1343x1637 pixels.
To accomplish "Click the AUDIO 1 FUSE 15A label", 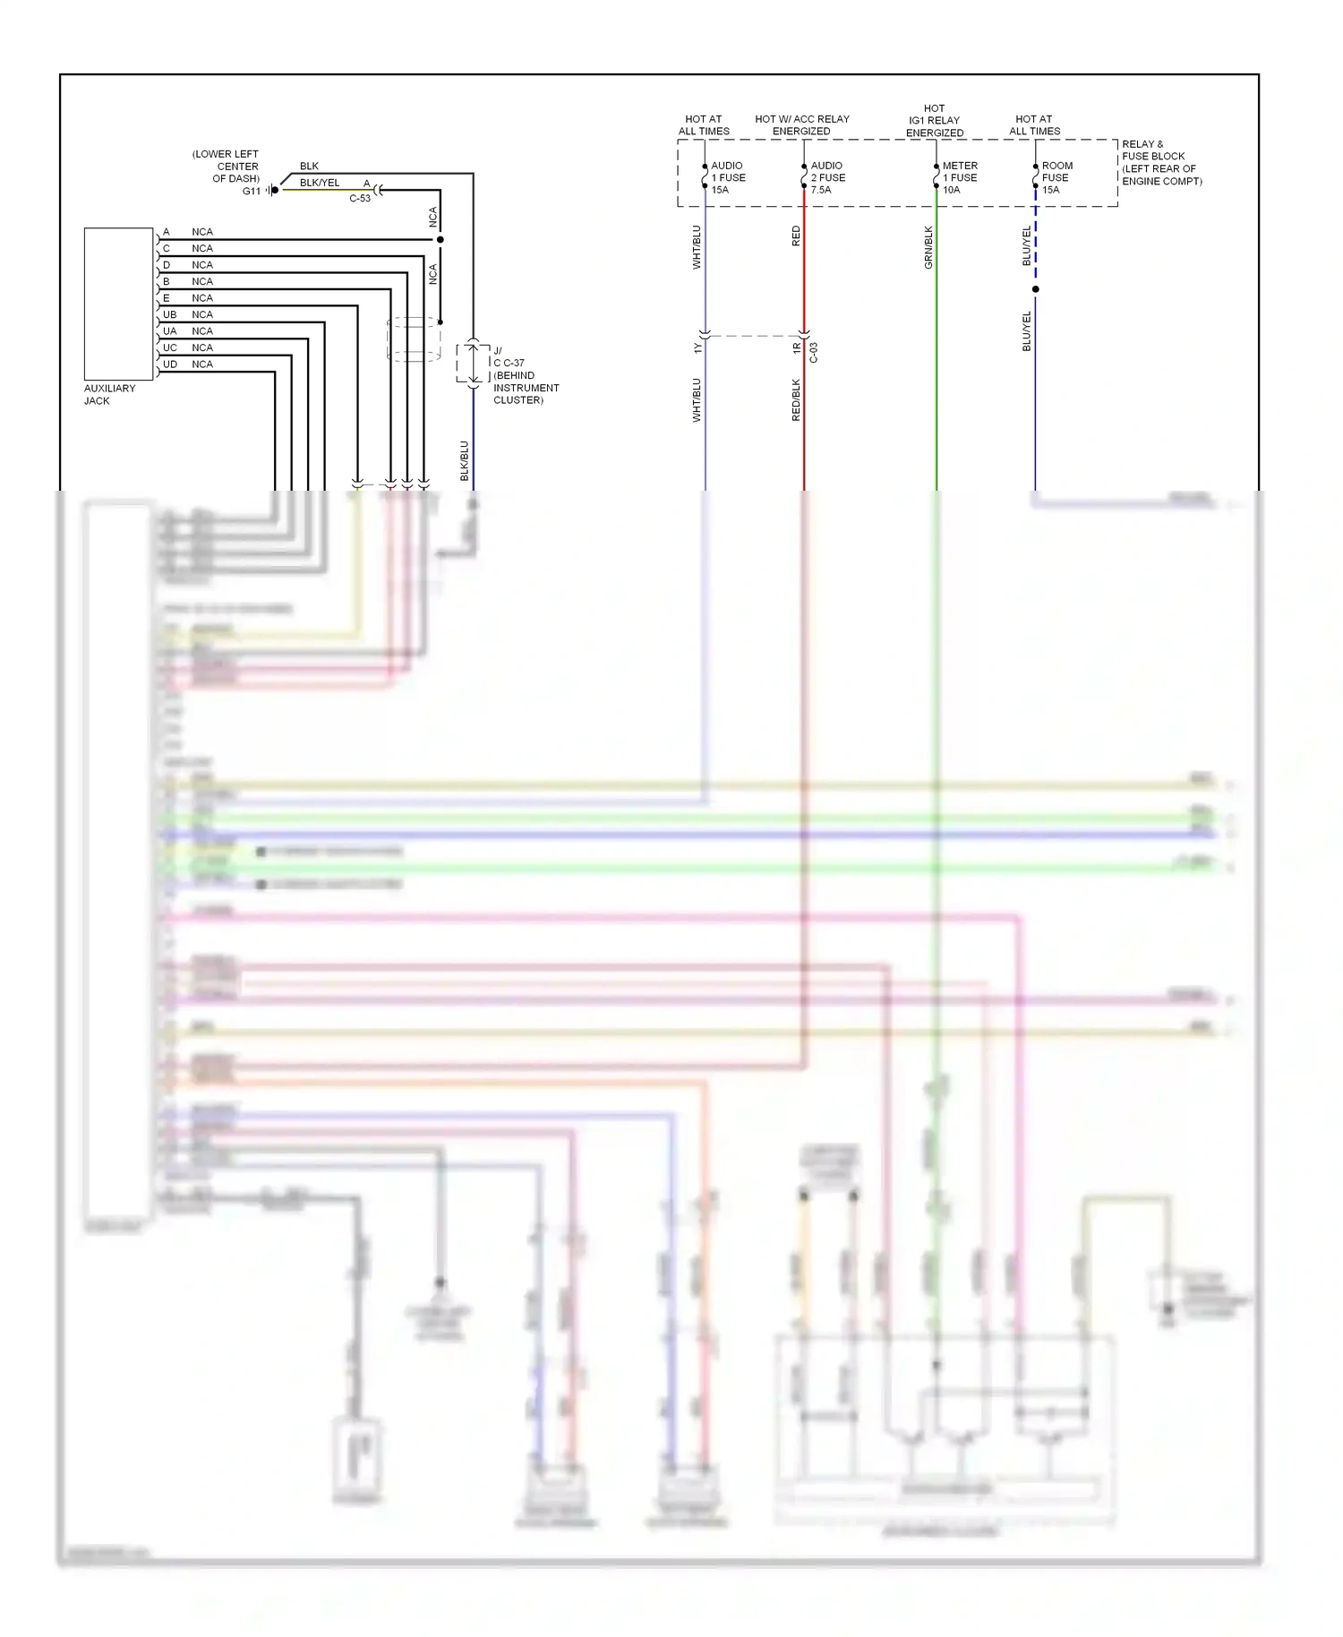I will [727, 177].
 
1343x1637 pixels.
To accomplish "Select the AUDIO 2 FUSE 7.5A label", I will [826, 177].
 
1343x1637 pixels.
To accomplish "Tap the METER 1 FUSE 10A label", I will [959, 177].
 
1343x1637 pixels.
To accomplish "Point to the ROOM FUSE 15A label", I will [1056, 177].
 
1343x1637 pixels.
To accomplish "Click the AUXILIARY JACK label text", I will [109, 395].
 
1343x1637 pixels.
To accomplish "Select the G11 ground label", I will [251, 191].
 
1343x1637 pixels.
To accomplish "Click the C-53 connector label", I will [360, 199].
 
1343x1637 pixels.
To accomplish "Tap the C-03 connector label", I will [814, 353].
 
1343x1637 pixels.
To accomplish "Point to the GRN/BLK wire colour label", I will [928, 247].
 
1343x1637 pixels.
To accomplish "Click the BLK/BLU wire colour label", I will [464, 460].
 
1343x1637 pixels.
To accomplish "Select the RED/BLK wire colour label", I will [796, 400].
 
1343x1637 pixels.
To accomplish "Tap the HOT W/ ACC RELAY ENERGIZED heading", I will [801, 124].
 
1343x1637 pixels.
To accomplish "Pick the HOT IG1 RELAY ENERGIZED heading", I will [934, 120].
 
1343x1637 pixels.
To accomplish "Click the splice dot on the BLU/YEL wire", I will [1036, 289].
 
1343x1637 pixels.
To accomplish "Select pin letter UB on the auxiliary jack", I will [170, 315].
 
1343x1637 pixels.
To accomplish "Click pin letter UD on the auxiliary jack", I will [170, 364].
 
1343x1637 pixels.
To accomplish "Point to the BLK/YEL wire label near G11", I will [320, 183].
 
